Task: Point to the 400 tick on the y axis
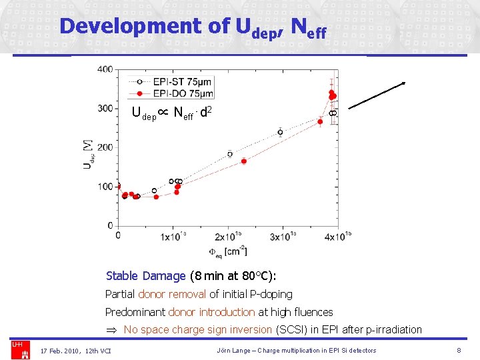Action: click(x=105, y=69)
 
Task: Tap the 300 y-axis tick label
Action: click(x=105, y=109)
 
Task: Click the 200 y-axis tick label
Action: click(x=105, y=147)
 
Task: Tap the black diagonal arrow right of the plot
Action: click(x=377, y=95)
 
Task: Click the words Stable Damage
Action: click(x=145, y=276)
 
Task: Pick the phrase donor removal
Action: click(x=173, y=294)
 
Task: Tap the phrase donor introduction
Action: click(x=211, y=312)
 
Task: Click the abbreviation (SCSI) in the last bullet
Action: click(x=293, y=329)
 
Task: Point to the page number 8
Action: click(x=459, y=350)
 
